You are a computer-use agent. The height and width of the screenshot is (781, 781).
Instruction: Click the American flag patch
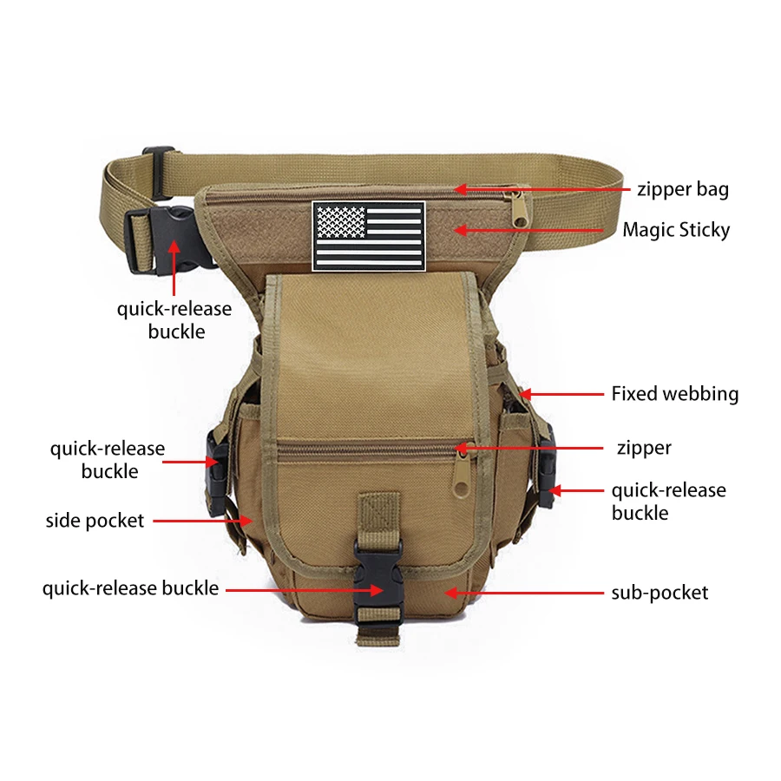click(x=369, y=236)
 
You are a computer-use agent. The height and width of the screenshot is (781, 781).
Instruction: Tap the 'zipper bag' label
click(x=683, y=190)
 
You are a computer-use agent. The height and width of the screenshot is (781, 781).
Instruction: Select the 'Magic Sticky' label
click(x=676, y=230)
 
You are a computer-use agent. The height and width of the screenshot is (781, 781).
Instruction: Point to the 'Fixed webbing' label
click(x=675, y=394)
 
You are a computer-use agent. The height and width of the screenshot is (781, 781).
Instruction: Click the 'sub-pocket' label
click(x=660, y=593)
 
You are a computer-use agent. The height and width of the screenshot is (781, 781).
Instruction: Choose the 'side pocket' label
click(x=95, y=521)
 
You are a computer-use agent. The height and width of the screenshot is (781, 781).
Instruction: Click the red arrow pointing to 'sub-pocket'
click(x=524, y=593)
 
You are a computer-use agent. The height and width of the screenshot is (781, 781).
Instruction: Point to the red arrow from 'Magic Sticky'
click(x=528, y=230)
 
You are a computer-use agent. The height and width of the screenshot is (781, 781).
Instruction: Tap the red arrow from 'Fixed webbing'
click(x=561, y=394)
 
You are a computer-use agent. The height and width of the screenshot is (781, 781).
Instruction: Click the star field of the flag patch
click(x=342, y=222)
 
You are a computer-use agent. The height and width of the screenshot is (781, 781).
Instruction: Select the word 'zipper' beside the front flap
click(x=644, y=449)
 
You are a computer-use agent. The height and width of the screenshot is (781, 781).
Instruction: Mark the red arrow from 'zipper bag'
click(x=542, y=189)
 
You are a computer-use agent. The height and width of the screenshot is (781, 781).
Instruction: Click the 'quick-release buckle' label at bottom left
click(x=130, y=588)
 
